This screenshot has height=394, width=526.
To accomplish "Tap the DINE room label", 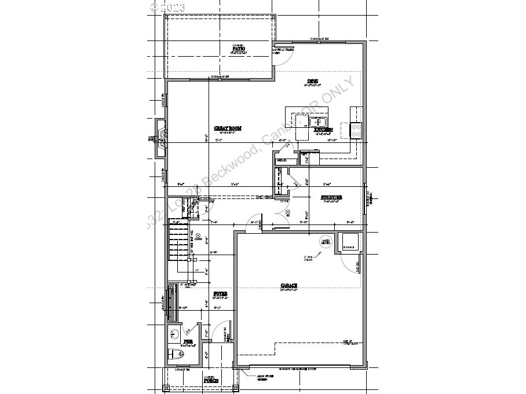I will [313, 81].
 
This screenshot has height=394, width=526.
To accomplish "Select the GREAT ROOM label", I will [227, 128].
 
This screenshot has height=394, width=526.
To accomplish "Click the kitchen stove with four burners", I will [355, 131].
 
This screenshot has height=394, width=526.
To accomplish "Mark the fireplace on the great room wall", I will [160, 138].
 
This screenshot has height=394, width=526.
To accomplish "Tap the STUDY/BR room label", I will [331, 198].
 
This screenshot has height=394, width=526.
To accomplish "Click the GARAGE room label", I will [290, 286].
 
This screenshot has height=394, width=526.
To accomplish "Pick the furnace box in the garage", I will [349, 241].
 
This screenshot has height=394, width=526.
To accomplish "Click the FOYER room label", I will [219, 294].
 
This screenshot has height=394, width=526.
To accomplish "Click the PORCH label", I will [210, 380].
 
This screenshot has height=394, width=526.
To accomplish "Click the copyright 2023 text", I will [167, 8].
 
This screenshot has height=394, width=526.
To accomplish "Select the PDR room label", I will [188, 342].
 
